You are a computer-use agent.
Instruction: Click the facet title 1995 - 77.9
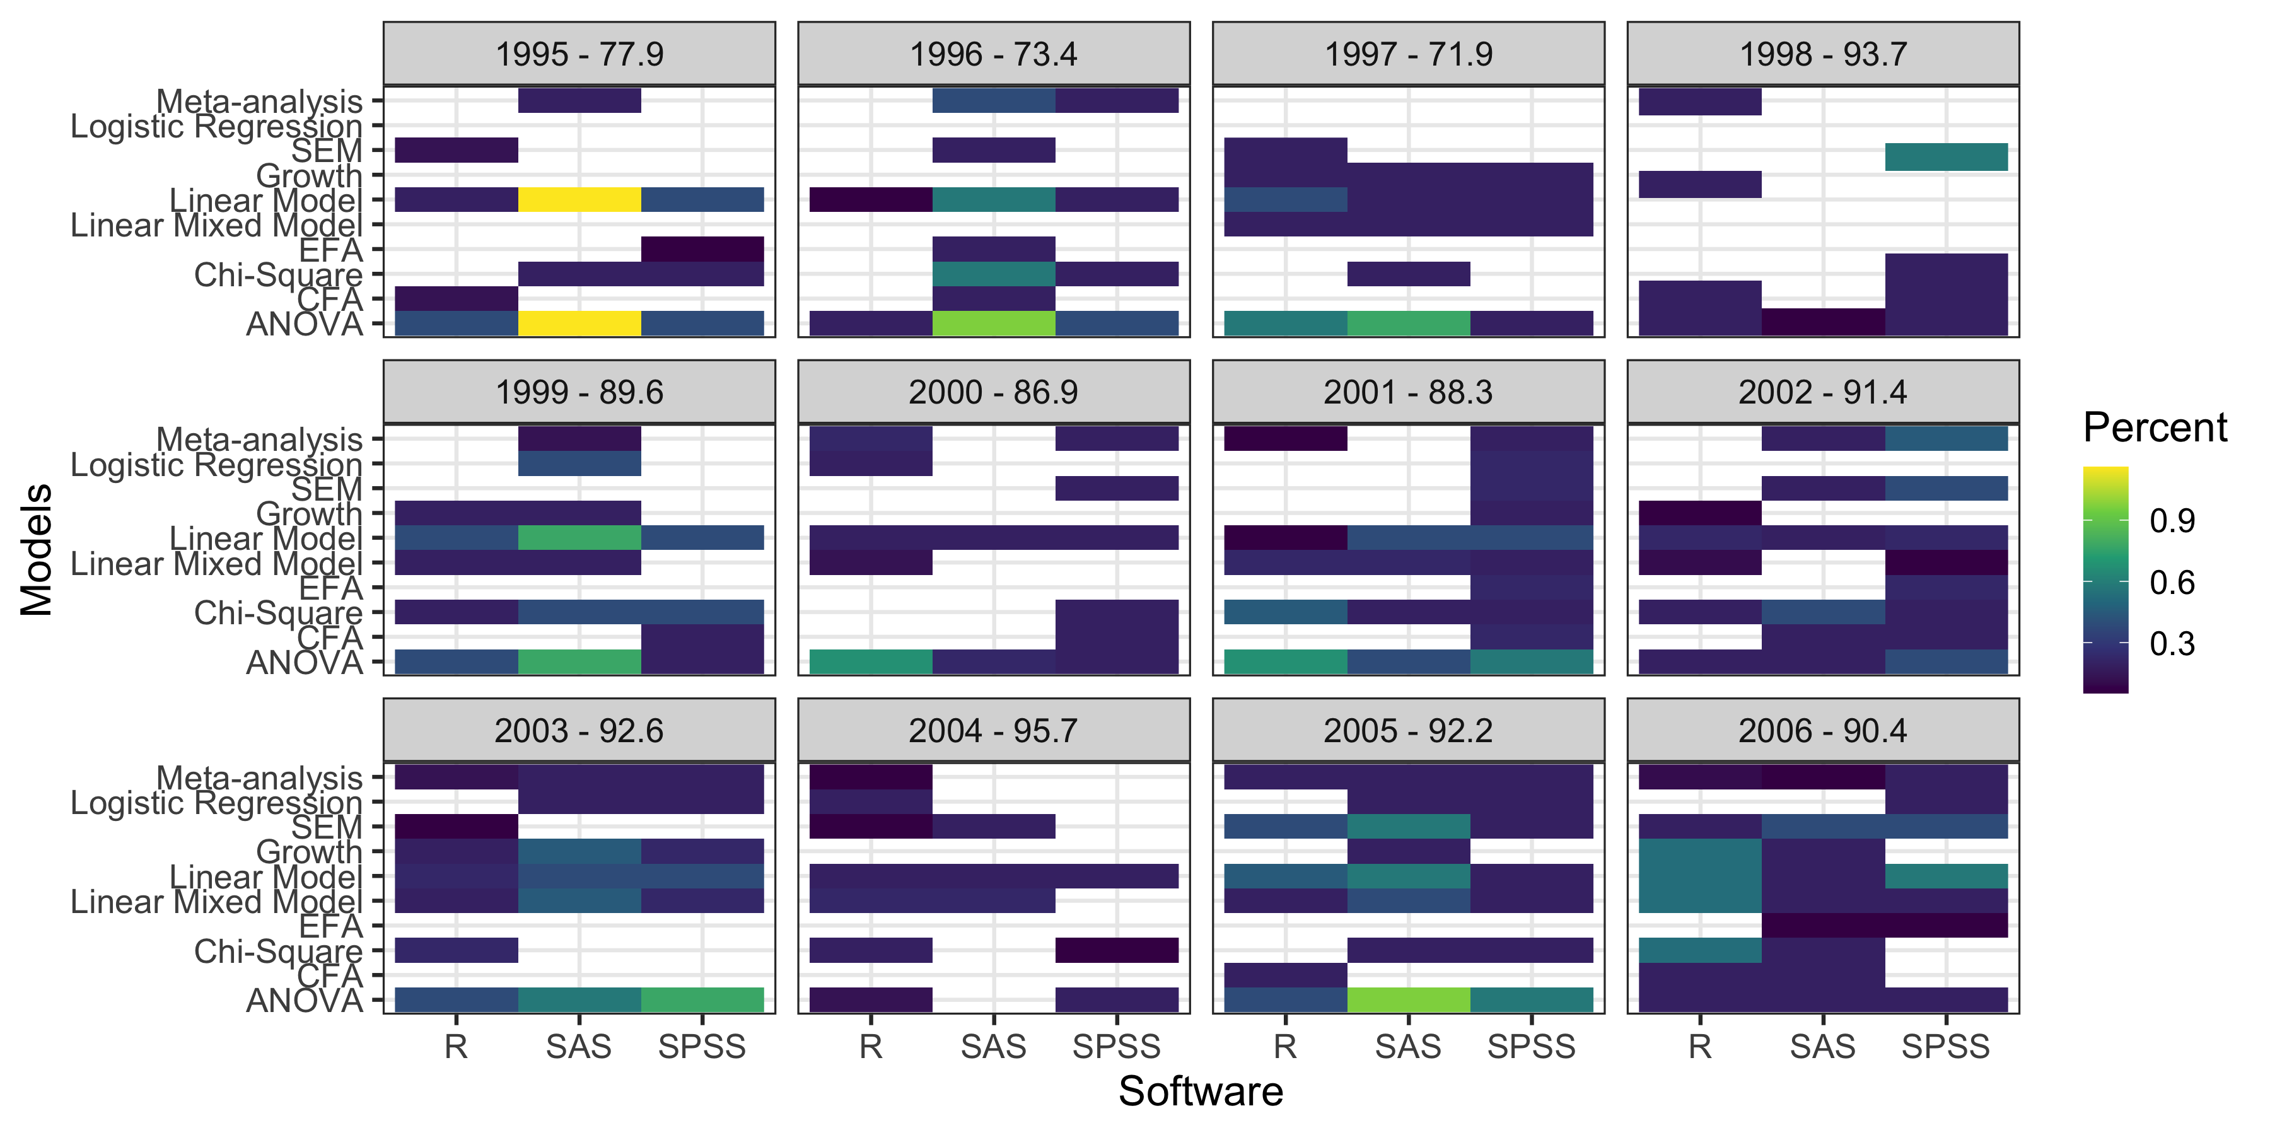click(579, 55)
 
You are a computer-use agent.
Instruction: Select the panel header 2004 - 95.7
click(993, 731)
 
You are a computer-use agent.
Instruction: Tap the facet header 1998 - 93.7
click(1822, 55)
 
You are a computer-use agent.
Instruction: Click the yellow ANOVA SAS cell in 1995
click(579, 323)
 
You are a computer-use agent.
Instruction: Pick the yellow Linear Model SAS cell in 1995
click(579, 199)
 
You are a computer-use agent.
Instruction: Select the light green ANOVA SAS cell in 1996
click(993, 323)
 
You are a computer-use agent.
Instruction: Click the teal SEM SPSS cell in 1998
click(1946, 157)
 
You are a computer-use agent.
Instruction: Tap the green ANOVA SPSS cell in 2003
click(702, 1000)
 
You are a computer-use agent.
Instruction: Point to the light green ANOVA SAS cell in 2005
click(1408, 1000)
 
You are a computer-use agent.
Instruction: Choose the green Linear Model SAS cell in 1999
click(579, 537)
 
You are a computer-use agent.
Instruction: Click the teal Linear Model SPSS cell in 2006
click(1946, 876)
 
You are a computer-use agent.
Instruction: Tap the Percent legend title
click(2154, 428)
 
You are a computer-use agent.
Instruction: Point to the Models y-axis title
click(37, 549)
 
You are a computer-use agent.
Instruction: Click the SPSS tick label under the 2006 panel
click(1946, 1047)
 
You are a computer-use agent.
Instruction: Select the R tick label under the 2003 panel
click(456, 1047)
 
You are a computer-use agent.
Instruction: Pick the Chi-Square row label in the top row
click(277, 275)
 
